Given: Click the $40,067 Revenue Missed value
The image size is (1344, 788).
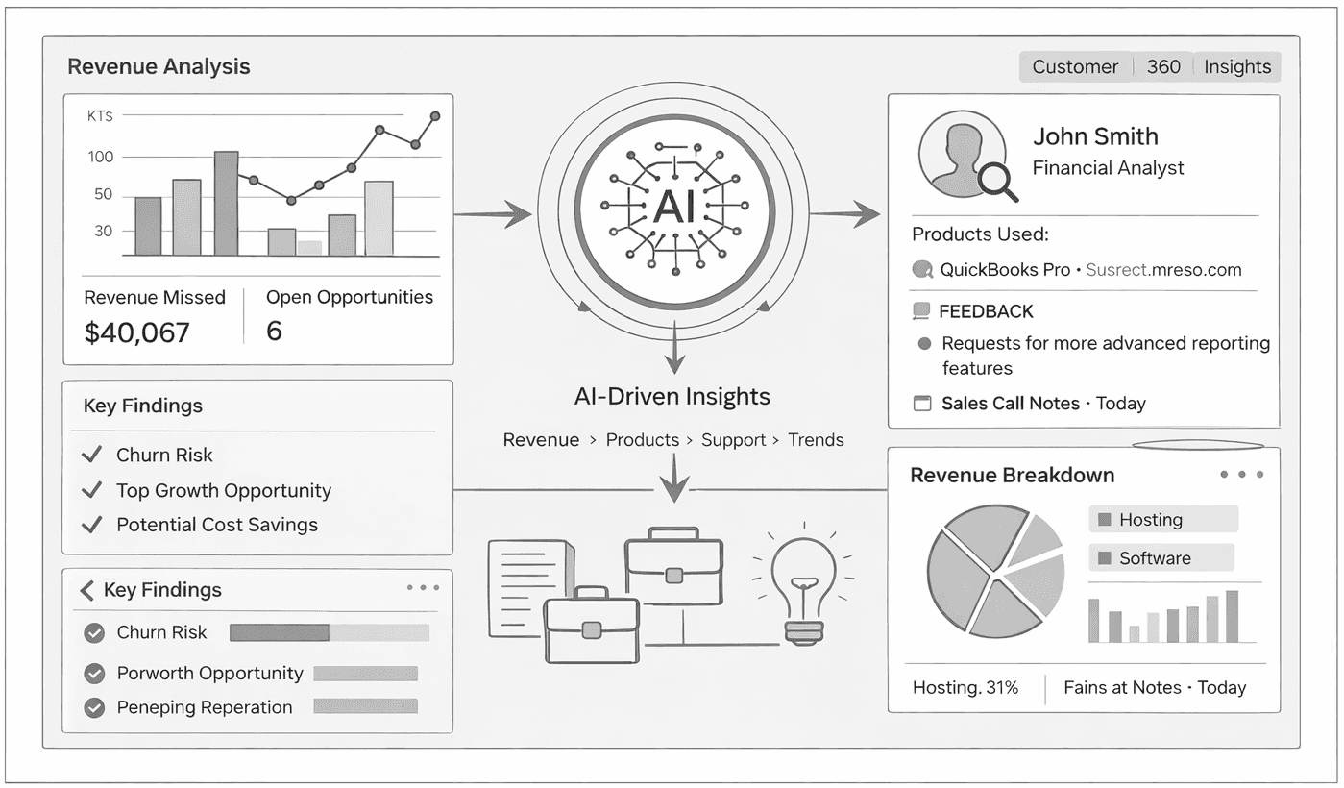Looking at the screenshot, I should click(137, 332).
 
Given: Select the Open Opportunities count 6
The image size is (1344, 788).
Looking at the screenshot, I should click(274, 332).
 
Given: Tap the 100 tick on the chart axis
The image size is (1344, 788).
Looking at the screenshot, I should click(101, 157).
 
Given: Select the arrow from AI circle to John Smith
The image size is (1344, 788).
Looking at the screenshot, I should click(844, 215).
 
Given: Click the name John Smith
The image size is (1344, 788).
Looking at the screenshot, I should click(1095, 136).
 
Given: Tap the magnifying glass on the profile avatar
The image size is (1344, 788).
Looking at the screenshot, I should click(998, 182).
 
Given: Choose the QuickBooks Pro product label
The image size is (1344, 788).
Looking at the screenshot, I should click(1005, 270).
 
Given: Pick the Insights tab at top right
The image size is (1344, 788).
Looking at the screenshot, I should click(1237, 67).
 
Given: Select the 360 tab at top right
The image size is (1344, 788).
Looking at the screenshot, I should click(1163, 67).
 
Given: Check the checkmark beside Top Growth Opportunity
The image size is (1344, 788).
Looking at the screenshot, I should click(92, 490).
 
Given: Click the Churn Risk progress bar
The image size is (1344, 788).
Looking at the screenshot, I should click(330, 632).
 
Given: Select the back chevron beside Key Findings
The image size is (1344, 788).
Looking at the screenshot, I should click(87, 590).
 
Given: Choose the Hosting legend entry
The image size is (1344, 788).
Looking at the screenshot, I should click(1150, 520).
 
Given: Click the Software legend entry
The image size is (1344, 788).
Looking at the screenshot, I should click(1154, 558).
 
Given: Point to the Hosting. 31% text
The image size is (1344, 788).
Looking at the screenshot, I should click(965, 688).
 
